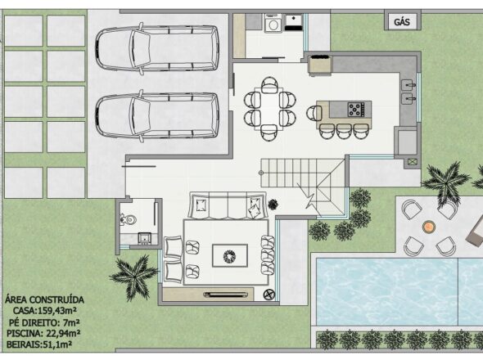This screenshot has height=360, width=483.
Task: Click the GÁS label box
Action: [402, 21]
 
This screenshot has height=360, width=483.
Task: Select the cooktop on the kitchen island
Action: [356, 110]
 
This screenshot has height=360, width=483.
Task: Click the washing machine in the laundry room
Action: [273, 24]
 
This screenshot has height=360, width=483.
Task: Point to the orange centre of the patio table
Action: [429, 227]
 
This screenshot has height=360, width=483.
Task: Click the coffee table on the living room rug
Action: [230, 255]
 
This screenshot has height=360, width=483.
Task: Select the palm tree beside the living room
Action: [133, 277]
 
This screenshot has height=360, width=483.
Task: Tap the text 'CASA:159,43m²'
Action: [44, 311]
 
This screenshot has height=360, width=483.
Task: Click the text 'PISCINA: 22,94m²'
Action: [43, 334]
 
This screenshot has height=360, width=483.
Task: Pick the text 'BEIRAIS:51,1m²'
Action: [39, 344]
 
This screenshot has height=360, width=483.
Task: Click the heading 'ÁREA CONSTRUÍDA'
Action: [44, 300]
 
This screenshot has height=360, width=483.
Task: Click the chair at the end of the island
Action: [314, 113]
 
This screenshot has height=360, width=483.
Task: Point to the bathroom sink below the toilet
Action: [144, 238]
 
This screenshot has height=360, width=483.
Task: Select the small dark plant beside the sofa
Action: [273, 204]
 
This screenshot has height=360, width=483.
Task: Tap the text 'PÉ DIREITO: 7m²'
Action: [44, 322]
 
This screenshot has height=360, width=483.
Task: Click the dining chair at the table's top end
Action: [269, 85]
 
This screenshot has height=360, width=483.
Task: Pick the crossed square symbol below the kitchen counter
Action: [412, 162]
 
